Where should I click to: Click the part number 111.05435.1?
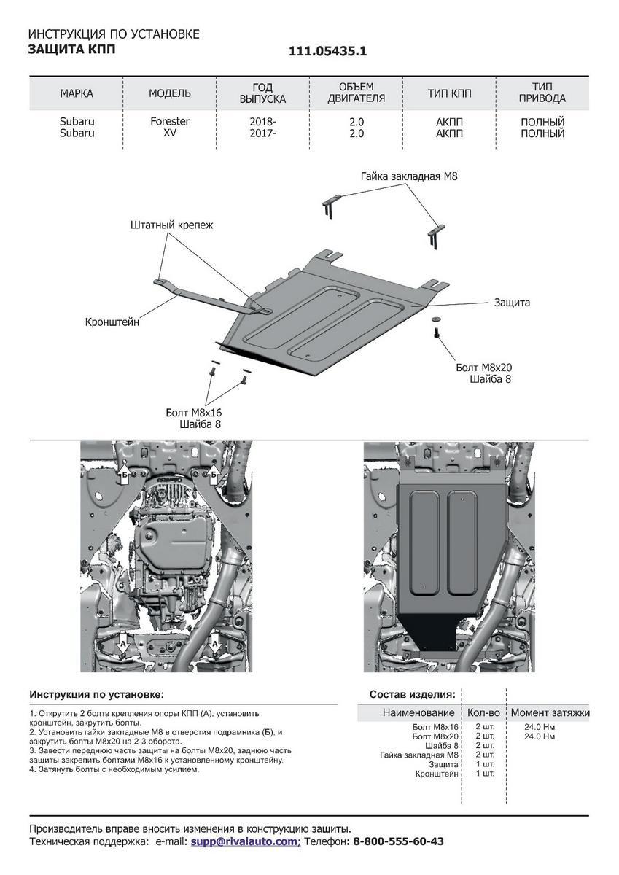[327, 51]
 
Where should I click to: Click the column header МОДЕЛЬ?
[170, 93]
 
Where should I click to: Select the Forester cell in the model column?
[170, 121]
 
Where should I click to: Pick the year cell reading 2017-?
[262, 133]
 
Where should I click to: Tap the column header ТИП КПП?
[449, 93]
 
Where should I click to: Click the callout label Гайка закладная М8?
[409, 176]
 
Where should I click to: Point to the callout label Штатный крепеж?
[172, 225]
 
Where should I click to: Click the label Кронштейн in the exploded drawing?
[112, 322]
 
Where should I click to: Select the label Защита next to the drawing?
[512, 303]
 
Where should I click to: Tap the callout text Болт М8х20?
[483, 367]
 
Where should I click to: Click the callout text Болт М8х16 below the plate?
[194, 412]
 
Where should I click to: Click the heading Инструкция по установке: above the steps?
[97, 694]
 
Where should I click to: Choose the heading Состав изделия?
[413, 694]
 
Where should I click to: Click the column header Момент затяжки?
[550, 712]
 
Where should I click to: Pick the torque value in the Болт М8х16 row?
[540, 727]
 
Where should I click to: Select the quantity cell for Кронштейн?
[485, 774]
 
